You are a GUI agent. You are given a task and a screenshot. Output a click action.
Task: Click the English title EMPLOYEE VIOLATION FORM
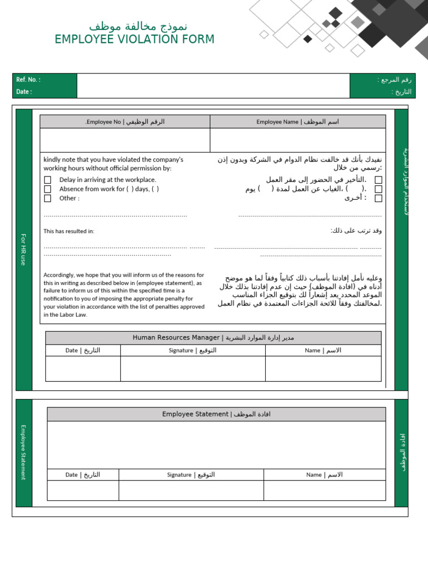point(134,40)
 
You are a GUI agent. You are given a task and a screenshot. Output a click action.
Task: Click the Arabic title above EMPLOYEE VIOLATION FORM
point(138,26)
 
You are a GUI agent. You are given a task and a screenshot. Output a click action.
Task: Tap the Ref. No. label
point(28,80)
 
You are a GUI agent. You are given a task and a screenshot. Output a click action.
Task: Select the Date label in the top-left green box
point(24,92)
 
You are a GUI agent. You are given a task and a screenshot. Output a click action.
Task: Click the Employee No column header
point(125,122)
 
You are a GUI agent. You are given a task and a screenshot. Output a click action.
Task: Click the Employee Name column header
point(298,122)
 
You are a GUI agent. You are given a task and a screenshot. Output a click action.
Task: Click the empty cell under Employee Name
point(298,140)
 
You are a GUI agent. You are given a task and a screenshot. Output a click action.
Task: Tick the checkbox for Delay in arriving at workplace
point(47,180)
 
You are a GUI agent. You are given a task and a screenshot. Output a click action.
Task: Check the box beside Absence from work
point(47,189)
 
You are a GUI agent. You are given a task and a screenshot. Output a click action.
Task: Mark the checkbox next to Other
point(47,198)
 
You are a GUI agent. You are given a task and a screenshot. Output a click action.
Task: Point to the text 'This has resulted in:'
point(69,231)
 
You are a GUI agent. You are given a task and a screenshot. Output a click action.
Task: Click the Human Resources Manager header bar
point(213,338)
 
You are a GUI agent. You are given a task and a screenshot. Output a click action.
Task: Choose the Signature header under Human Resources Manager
point(193,351)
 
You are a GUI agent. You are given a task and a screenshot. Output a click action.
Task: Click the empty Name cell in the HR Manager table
point(323,369)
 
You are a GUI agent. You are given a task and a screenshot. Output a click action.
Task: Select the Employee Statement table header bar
point(216,414)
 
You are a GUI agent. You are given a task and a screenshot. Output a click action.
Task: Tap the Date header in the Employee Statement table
point(82,475)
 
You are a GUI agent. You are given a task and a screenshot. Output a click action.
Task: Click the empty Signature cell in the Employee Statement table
point(191,490)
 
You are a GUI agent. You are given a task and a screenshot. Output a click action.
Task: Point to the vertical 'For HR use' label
point(23,249)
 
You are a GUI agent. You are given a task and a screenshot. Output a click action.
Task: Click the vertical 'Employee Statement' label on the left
point(23,452)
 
